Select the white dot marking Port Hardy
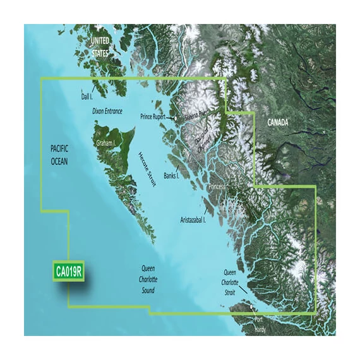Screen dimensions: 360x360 click(x=253, y=308)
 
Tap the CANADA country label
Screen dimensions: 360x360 click(x=280, y=121)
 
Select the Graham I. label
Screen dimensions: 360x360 click(x=105, y=143)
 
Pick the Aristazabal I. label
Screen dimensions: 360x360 click(x=197, y=220)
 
